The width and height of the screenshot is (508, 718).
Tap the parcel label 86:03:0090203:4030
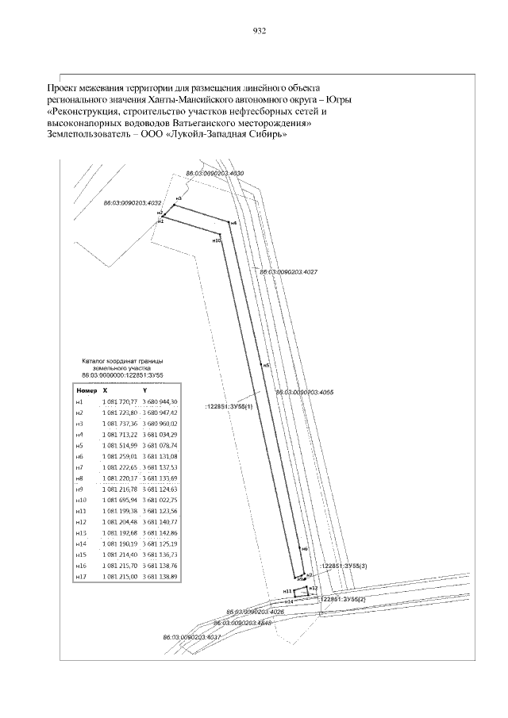(214, 172)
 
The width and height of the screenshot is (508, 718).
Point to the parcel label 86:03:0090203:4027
(289, 271)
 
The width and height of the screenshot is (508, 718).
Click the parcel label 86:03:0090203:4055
(304, 392)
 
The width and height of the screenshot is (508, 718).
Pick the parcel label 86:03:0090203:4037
(190, 637)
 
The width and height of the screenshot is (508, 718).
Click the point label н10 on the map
(217, 240)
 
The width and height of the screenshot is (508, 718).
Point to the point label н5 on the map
(267, 365)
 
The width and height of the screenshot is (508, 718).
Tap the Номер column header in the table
(86, 391)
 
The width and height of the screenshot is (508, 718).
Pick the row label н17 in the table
(79, 576)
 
